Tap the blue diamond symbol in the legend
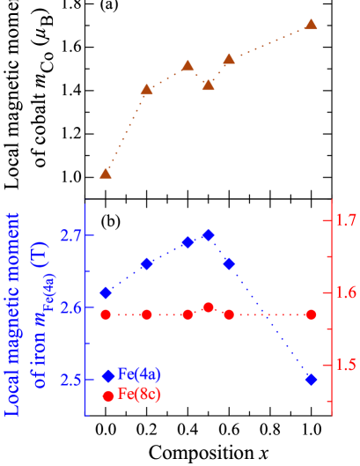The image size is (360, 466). (108, 376)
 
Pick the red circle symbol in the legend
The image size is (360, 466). (108, 396)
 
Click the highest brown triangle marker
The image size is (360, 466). (311, 25)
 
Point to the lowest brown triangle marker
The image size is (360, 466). (106, 173)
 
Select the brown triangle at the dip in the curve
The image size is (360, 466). (209, 85)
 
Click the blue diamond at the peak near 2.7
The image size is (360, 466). (209, 235)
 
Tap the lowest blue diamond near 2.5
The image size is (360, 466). (311, 379)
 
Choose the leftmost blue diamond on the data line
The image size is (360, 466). (106, 292)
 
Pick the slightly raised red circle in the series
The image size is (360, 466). (209, 307)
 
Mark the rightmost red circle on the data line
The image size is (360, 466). (311, 314)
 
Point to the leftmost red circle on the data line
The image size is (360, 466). (106, 314)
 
